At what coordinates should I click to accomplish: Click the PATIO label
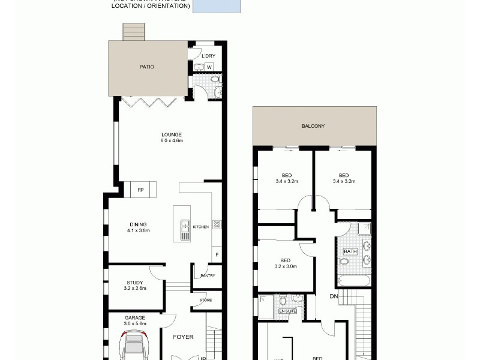tap(147, 67)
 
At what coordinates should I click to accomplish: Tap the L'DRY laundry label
tap(208, 56)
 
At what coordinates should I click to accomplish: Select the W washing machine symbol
tap(209, 67)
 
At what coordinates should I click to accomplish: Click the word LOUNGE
tap(171, 134)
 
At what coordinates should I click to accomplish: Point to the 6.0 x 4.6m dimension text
tap(171, 141)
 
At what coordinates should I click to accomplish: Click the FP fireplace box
tap(141, 190)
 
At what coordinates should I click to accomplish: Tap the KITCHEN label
tap(200, 226)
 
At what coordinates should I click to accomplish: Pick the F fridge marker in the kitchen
tap(216, 255)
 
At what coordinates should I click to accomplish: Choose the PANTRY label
tap(208, 276)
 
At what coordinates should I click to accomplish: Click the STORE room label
tap(206, 300)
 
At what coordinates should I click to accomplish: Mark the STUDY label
tap(134, 283)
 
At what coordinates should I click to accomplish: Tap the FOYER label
tap(183, 337)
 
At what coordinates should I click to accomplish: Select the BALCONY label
tap(313, 126)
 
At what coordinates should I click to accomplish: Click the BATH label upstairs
tap(350, 251)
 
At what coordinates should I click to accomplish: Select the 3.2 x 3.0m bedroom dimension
tap(286, 266)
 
